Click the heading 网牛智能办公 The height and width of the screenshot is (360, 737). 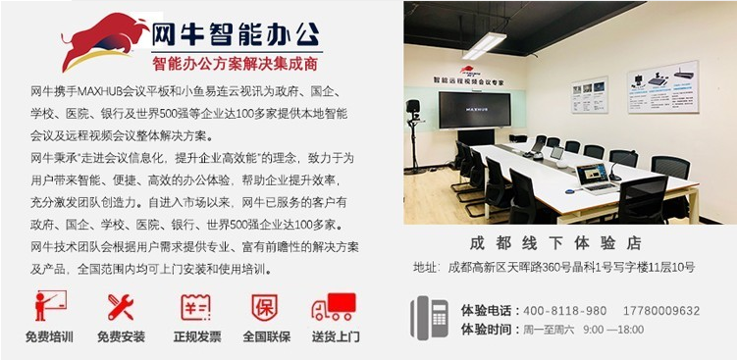point(236,35)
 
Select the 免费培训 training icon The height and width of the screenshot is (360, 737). point(49,306)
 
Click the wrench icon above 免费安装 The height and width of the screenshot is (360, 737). point(120,307)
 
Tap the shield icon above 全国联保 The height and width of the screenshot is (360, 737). point(265,307)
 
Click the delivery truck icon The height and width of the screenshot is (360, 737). point(334,307)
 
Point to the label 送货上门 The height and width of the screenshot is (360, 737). point(336,336)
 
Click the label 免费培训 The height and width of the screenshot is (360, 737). point(49,336)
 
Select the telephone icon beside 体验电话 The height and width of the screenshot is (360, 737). point(429,318)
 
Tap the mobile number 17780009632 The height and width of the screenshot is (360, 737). point(658,310)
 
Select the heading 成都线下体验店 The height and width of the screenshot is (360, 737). point(554,242)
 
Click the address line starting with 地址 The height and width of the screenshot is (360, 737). point(553,267)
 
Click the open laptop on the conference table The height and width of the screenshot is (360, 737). point(596,176)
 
